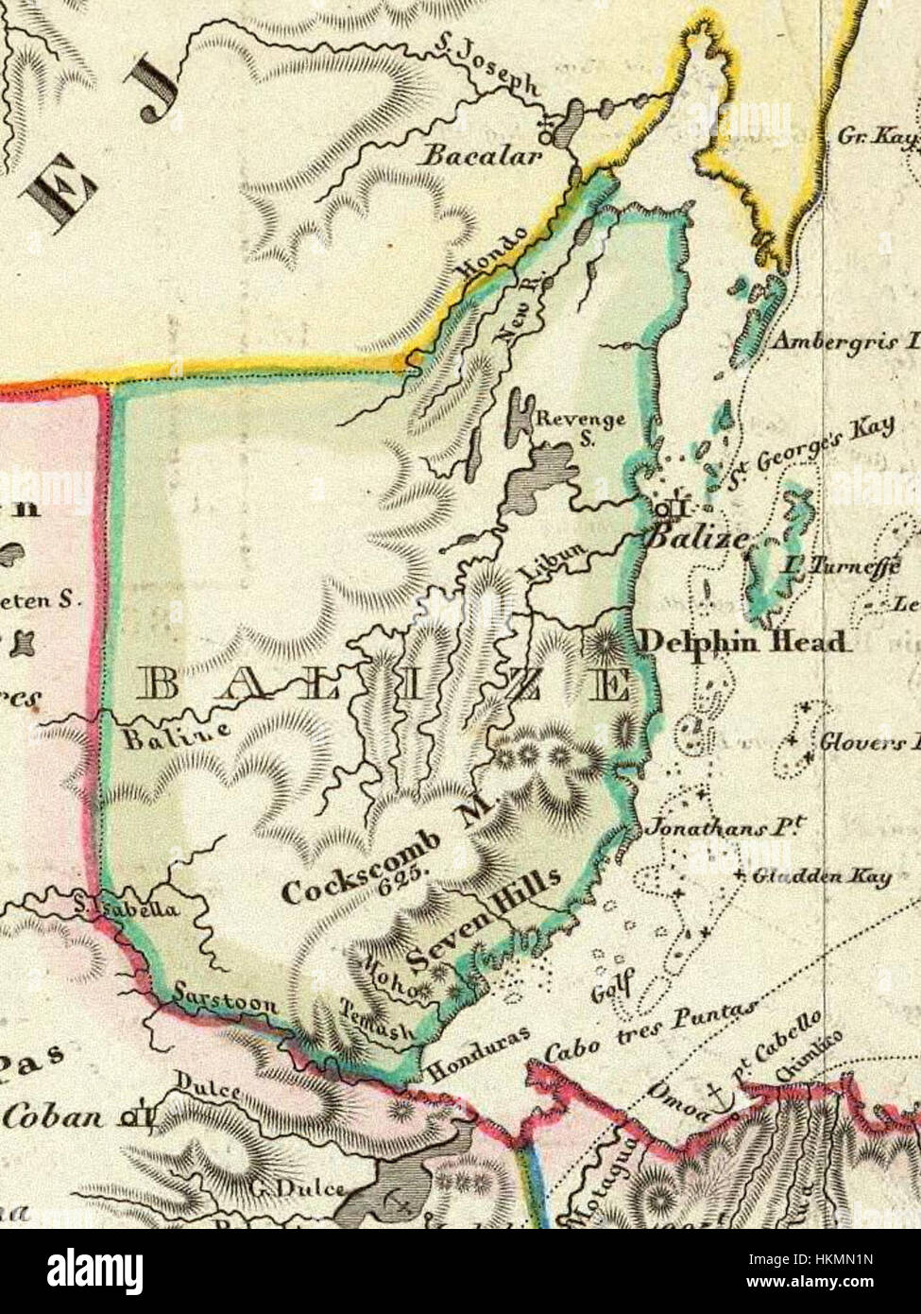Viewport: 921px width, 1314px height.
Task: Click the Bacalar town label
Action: pos(483,154)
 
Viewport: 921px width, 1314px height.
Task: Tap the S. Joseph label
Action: pos(486,71)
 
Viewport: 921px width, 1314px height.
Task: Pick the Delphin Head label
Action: pos(742,642)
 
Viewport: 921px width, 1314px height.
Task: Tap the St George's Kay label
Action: pos(809,455)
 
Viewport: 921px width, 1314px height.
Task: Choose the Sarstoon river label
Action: pos(226,999)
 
